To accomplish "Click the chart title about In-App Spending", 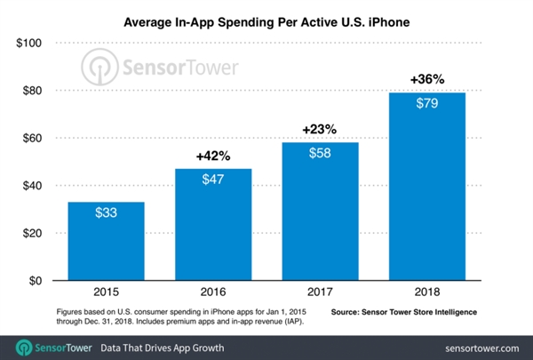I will click(267, 17).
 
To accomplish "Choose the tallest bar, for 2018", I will click(428, 187).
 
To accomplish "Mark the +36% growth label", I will click(428, 79).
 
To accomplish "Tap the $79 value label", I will click(428, 104).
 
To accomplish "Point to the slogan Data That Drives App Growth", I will click(162, 346).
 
